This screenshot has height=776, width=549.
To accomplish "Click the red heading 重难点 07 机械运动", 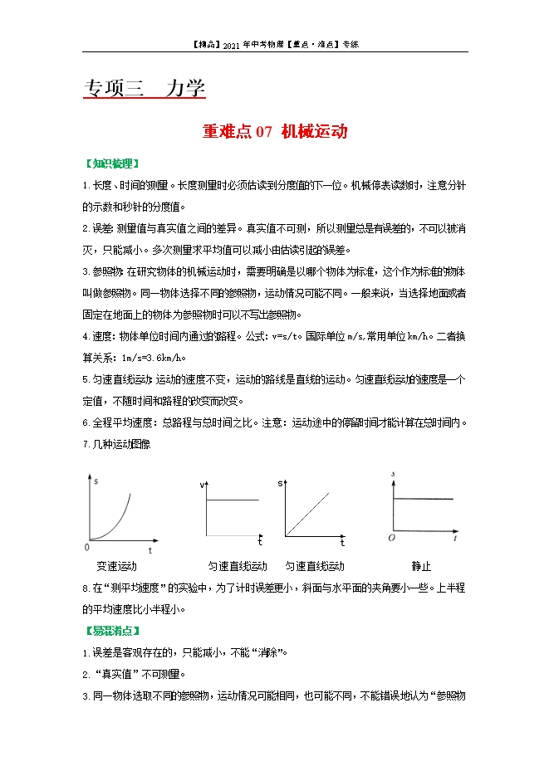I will pyautogui.click(x=274, y=131).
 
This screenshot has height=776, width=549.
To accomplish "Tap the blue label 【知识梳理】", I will pyautogui.click(x=112, y=163).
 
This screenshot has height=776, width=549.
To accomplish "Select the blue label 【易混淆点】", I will pyautogui.click(x=112, y=631).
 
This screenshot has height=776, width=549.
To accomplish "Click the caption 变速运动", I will pyautogui.click(x=116, y=566).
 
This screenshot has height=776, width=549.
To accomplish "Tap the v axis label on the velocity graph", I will pyautogui.click(x=202, y=484).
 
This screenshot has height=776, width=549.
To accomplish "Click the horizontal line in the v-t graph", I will pyautogui.click(x=233, y=500).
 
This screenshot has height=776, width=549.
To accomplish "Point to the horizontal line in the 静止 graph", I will pyautogui.click(x=424, y=498).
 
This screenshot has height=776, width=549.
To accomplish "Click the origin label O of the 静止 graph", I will pyautogui.click(x=391, y=539).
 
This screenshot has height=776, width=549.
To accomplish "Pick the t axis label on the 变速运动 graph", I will pyautogui.click(x=150, y=550).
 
